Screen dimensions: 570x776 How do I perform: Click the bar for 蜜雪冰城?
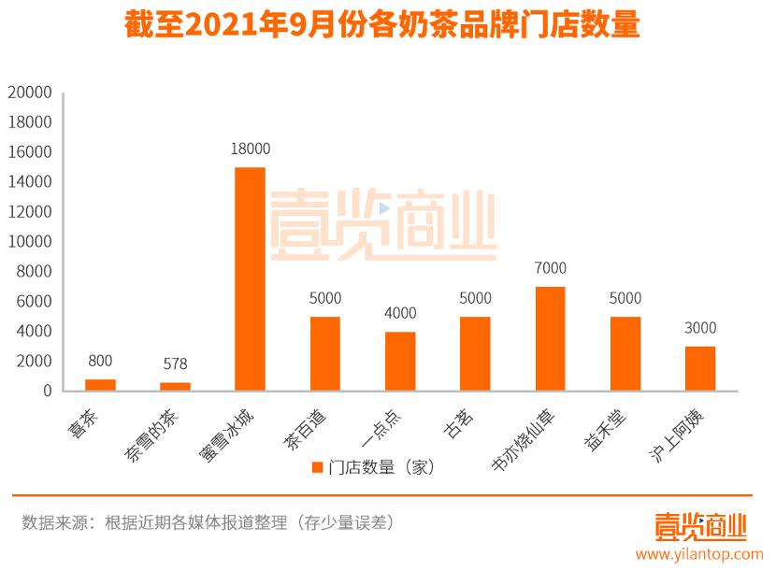[x=250, y=278]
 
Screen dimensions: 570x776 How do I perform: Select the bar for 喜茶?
[x=100, y=385]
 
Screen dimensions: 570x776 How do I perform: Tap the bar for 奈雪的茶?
[x=175, y=387]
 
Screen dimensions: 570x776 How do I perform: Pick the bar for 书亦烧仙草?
[x=550, y=338]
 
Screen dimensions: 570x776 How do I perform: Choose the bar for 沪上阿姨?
[x=699, y=368]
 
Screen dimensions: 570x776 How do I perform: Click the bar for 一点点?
[x=400, y=361]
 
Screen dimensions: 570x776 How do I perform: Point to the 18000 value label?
[x=250, y=150]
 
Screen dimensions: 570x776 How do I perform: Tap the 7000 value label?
[x=550, y=269]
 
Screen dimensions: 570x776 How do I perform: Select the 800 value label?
[x=100, y=361]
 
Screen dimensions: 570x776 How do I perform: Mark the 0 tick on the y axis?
[x=46, y=392]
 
